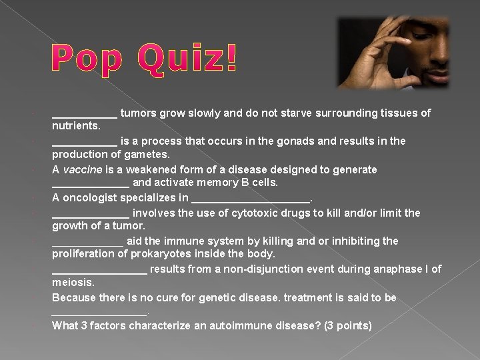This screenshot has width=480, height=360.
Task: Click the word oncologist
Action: pyautogui.click(x=93, y=197)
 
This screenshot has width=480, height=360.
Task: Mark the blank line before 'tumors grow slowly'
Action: pyautogui.click(x=85, y=114)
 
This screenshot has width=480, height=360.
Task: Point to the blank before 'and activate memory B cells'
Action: pyautogui.click(x=91, y=183)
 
